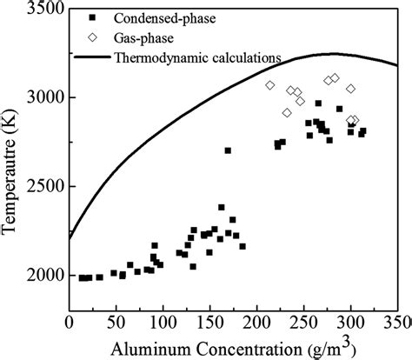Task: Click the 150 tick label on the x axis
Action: [209, 323]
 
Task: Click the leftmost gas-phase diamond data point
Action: [270, 85]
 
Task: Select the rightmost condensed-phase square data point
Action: [363, 131]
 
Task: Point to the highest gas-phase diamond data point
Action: [336, 77]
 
